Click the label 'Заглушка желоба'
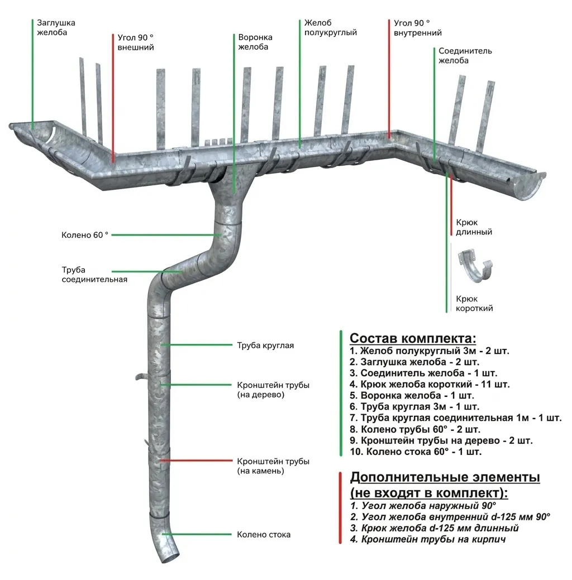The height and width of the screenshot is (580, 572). point(56,27)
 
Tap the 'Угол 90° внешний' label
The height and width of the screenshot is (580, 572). point(135,42)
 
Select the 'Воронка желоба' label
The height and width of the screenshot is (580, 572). point(255,42)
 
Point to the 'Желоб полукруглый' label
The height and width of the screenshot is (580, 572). point(330,28)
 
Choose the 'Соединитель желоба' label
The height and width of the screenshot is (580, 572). point(465,55)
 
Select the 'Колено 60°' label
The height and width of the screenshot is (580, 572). point(84,235)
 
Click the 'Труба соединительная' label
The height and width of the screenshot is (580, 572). point(94,275)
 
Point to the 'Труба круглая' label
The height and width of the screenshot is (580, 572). point(265,346)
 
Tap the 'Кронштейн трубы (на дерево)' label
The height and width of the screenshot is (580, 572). point(273,390)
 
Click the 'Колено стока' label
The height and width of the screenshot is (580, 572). point(264,534)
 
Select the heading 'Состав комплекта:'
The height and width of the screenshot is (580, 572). point(413,338)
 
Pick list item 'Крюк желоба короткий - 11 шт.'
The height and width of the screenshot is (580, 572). point(430,384)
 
